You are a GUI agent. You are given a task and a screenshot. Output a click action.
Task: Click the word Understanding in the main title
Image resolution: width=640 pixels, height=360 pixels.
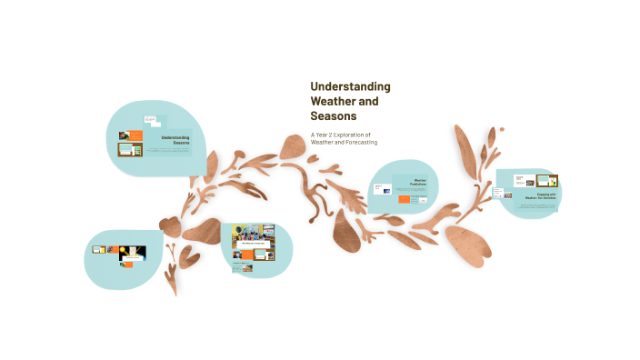(x=350, y=86)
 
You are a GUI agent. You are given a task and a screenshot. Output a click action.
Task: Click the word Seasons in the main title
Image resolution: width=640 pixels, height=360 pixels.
(x=333, y=116)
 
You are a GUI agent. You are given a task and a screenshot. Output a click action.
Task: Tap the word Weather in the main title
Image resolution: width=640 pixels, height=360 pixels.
(x=331, y=101)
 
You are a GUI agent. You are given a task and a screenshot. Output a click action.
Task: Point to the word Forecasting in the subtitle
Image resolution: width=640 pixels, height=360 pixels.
(x=358, y=142)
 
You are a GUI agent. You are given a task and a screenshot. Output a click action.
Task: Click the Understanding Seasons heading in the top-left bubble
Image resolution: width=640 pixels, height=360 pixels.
(x=175, y=140)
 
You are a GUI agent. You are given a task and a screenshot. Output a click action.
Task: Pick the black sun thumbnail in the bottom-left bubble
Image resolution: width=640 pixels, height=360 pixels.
(x=127, y=254)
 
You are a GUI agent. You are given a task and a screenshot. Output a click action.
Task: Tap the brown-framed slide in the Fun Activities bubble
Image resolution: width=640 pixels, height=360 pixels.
(x=547, y=181)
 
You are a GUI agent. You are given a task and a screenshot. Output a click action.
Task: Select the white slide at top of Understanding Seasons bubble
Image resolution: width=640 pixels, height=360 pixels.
(x=150, y=119)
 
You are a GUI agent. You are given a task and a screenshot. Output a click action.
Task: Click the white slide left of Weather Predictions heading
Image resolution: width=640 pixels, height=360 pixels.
(x=382, y=188)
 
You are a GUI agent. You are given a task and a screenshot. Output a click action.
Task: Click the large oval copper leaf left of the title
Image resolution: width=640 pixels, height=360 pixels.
(x=293, y=146)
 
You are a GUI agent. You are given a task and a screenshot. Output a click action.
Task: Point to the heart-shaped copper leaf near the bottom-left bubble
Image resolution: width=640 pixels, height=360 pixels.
(x=170, y=225)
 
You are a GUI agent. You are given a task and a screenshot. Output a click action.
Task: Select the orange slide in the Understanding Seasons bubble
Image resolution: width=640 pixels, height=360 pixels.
(x=135, y=135)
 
